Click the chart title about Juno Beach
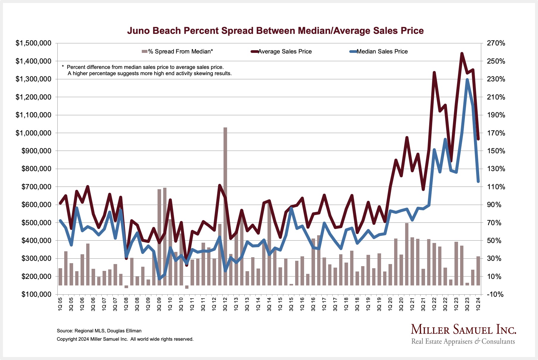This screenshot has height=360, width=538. [275, 31]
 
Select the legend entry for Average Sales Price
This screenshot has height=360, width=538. [284, 52]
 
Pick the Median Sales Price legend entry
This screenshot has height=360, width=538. [382, 52]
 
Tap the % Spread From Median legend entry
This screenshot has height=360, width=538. [180, 52]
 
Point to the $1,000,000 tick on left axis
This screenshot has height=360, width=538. [33, 133]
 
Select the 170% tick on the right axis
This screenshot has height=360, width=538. [496, 133]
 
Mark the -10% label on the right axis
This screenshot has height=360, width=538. [496, 294]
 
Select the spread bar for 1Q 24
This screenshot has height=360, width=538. [478, 271]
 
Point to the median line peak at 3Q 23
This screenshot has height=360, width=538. [467, 80]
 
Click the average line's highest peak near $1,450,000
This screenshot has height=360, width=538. [462, 54]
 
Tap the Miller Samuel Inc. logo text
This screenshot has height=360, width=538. [463, 330]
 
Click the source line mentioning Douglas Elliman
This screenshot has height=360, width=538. [99, 331]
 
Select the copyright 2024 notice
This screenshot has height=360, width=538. [125, 339]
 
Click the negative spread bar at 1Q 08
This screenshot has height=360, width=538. [126, 287]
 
